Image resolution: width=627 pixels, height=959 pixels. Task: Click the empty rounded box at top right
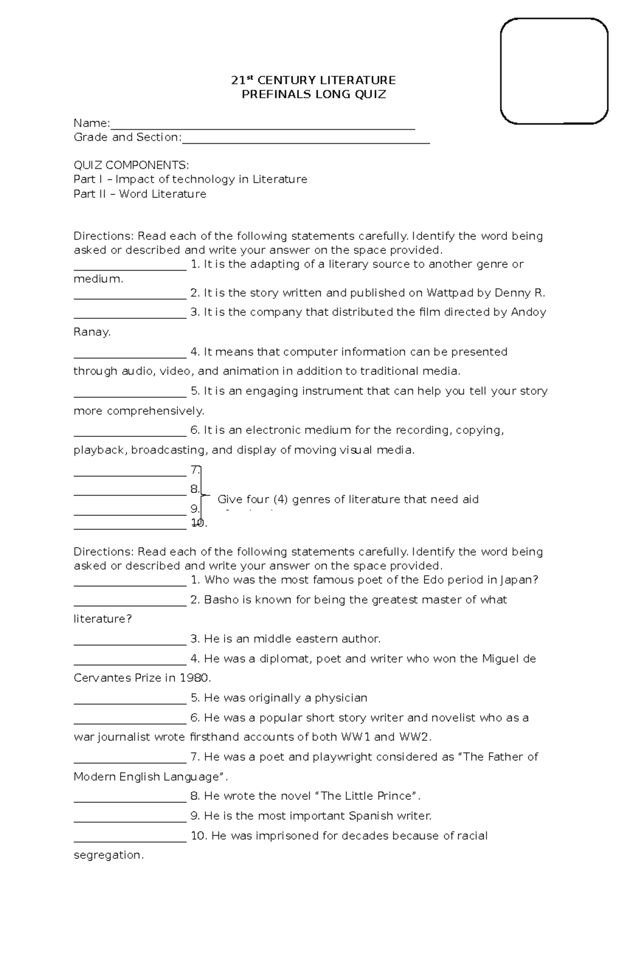click(x=554, y=71)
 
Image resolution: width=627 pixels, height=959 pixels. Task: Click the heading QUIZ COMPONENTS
click(x=131, y=166)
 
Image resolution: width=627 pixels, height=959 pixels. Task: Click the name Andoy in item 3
click(x=528, y=312)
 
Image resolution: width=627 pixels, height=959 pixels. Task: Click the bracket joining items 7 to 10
click(x=202, y=494)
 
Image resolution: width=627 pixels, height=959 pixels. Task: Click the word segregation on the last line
click(x=108, y=856)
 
